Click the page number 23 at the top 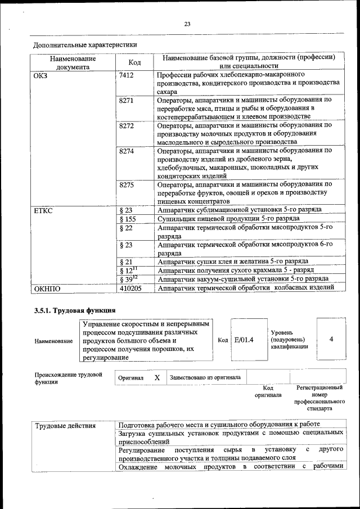[187, 23]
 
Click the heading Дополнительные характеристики [85, 44]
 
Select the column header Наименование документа [73, 62]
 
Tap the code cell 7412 [127, 75]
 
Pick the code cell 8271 [127, 100]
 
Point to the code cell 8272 [127, 125]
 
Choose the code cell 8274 [127, 151]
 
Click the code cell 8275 [127, 184]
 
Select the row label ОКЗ [42, 75]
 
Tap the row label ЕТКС [43, 210]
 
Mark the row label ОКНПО [47, 289]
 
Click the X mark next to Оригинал [157, 378]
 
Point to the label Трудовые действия [65, 425]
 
